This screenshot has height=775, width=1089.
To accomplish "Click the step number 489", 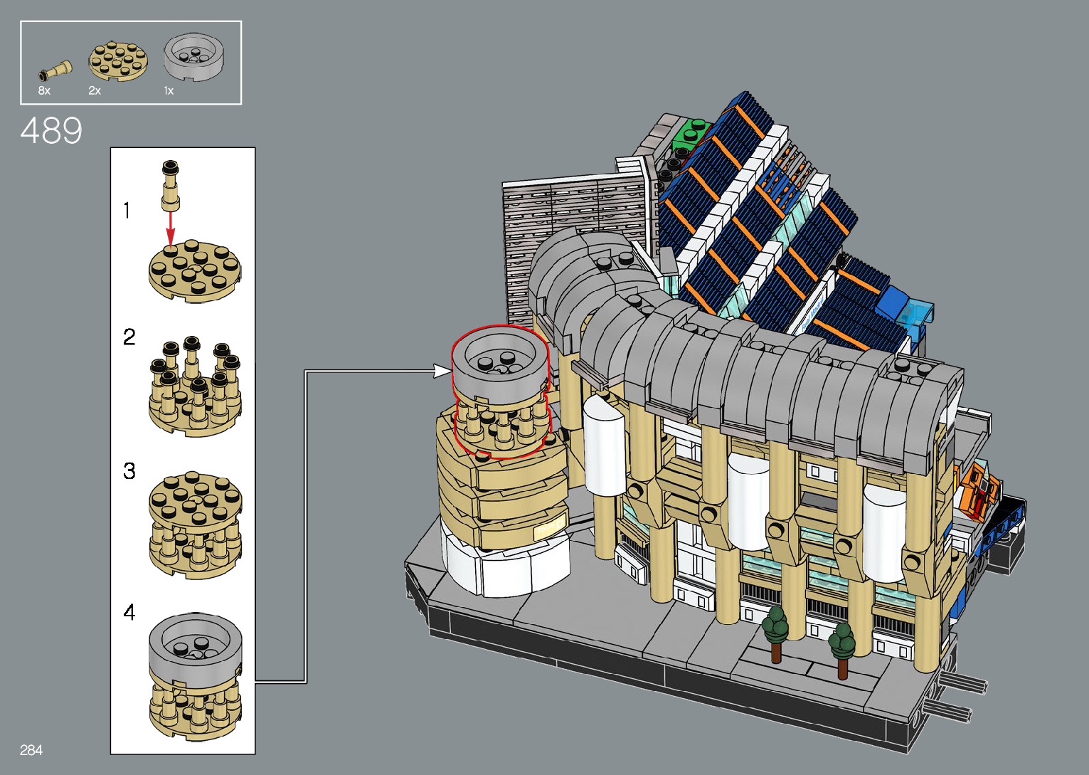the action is (x=51, y=130).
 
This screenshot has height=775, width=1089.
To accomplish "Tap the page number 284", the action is (x=31, y=750).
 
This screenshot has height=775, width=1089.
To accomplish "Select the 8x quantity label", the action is (x=44, y=90).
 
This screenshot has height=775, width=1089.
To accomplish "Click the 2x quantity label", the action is (x=95, y=90).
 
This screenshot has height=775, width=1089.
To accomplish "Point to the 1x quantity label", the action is (x=169, y=90).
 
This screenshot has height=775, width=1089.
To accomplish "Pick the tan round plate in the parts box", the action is (x=118, y=60).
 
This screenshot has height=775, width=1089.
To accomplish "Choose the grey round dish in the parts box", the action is (x=194, y=57).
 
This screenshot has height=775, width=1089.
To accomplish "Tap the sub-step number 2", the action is (x=129, y=337).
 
